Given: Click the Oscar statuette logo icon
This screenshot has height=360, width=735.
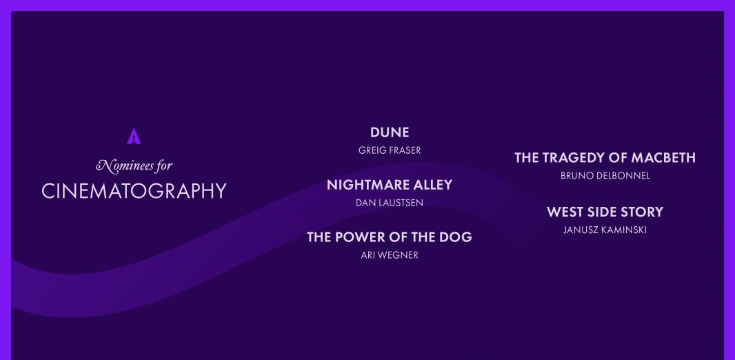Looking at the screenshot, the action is (134, 136).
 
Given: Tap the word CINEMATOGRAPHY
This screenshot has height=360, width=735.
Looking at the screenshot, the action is (134, 191).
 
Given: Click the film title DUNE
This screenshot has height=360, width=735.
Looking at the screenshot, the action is (390, 132).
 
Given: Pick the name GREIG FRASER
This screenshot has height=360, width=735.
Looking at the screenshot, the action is (390, 150).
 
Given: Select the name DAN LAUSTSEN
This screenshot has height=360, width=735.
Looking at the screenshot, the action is (390, 203).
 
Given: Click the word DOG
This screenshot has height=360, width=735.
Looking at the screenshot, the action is (455, 237).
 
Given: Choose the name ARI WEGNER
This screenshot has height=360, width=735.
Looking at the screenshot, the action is (390, 255).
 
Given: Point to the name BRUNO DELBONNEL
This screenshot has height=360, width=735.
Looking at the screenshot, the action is (605, 176).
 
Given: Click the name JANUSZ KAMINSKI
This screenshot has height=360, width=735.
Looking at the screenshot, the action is (605, 230).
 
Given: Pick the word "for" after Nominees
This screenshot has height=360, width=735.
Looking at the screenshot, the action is (165, 166).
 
